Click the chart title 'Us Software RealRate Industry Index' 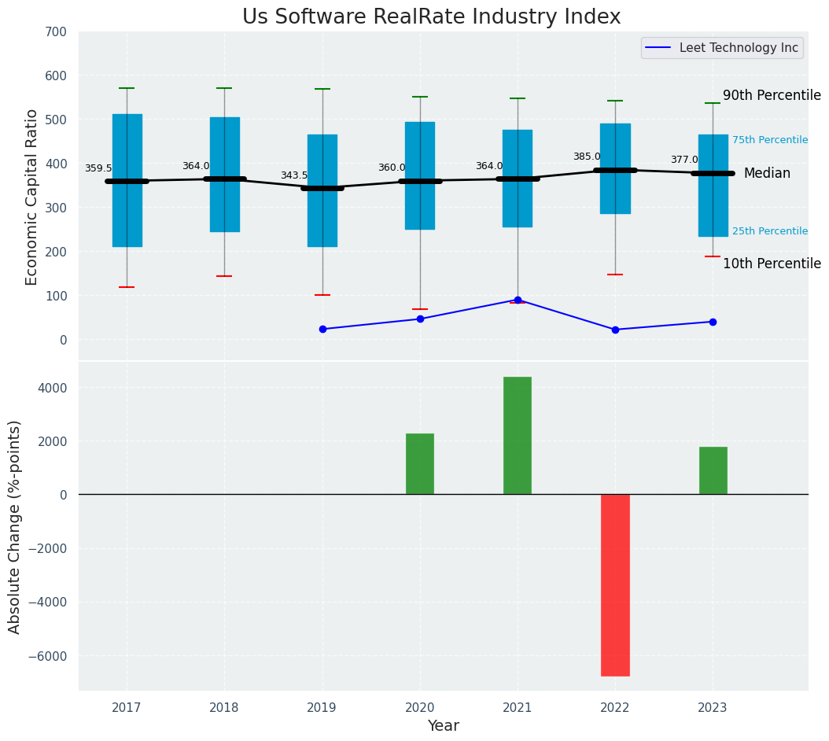coord(431,17)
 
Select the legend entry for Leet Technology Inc coord(722,48)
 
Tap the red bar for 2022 coord(615,584)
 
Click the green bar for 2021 coord(518,436)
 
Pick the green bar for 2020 coord(420,464)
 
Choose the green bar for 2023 coord(713,470)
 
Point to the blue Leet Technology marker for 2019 coord(322,329)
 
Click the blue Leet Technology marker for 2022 coord(615,330)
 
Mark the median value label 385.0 coord(587,157)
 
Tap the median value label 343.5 coord(294,175)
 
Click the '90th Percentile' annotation coord(772,95)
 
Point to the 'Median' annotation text coord(767,173)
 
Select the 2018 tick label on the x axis coord(224,708)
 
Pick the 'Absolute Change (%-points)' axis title coord(15,526)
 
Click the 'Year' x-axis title coord(444,726)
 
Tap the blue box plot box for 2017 coord(127,180)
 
